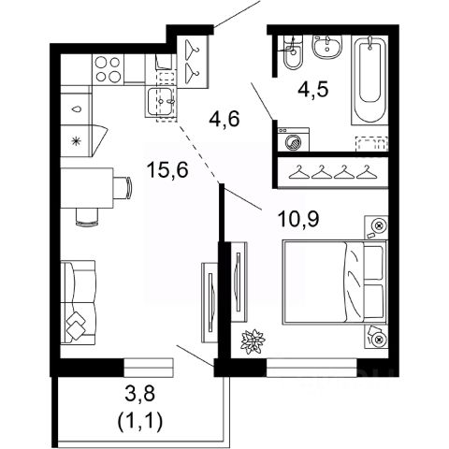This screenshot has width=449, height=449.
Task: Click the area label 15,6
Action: point(168,170)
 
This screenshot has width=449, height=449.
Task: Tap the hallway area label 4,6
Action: point(224,119)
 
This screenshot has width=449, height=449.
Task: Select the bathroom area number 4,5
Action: point(313,90)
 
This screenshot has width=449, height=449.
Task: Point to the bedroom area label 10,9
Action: point(298,219)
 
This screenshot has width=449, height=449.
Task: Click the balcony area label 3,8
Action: point(140,395)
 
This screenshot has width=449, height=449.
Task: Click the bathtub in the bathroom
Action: point(369,80)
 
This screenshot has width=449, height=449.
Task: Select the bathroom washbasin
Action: point(327,47)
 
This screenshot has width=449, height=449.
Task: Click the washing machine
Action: point(294,139)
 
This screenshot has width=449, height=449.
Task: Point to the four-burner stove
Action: point(108,69)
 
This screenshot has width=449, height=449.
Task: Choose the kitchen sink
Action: point(161,102)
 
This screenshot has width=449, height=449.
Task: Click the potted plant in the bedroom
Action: point(253,341)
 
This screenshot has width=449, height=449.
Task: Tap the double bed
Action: point(335,282)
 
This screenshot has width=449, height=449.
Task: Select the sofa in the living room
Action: point(78,302)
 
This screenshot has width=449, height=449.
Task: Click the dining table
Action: point(87,188)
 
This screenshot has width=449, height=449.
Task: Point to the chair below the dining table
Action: point(87,216)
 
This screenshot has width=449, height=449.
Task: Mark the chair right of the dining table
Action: point(123,187)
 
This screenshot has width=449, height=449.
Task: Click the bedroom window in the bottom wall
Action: point(311,368)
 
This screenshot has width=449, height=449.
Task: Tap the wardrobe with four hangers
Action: point(333,172)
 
